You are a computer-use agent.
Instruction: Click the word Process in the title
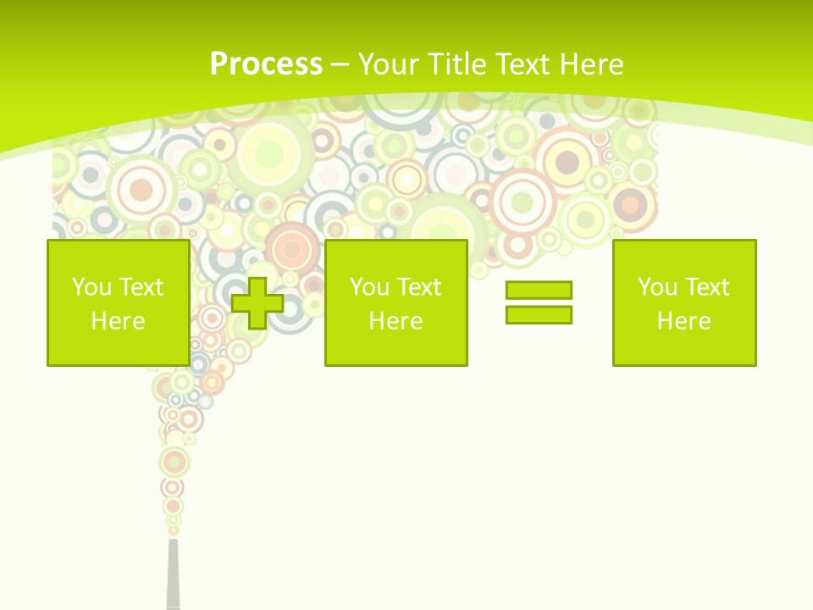coord(266,64)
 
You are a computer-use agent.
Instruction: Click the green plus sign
coord(257,302)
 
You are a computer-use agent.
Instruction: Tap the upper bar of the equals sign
coord(539,290)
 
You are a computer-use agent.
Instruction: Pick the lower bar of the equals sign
coord(539,314)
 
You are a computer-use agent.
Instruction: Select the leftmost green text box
coord(118,302)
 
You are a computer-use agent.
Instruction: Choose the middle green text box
coord(395,302)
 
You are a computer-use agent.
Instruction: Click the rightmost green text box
coord(683,302)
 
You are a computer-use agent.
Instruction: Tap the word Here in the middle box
coord(395,321)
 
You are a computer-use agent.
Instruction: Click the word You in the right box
coord(657,287)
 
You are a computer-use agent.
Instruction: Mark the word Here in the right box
coord(683,321)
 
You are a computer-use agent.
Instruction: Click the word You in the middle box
coord(369,287)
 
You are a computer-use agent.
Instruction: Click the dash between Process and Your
coord(340,64)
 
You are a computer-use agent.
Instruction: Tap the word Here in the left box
coord(118,321)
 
